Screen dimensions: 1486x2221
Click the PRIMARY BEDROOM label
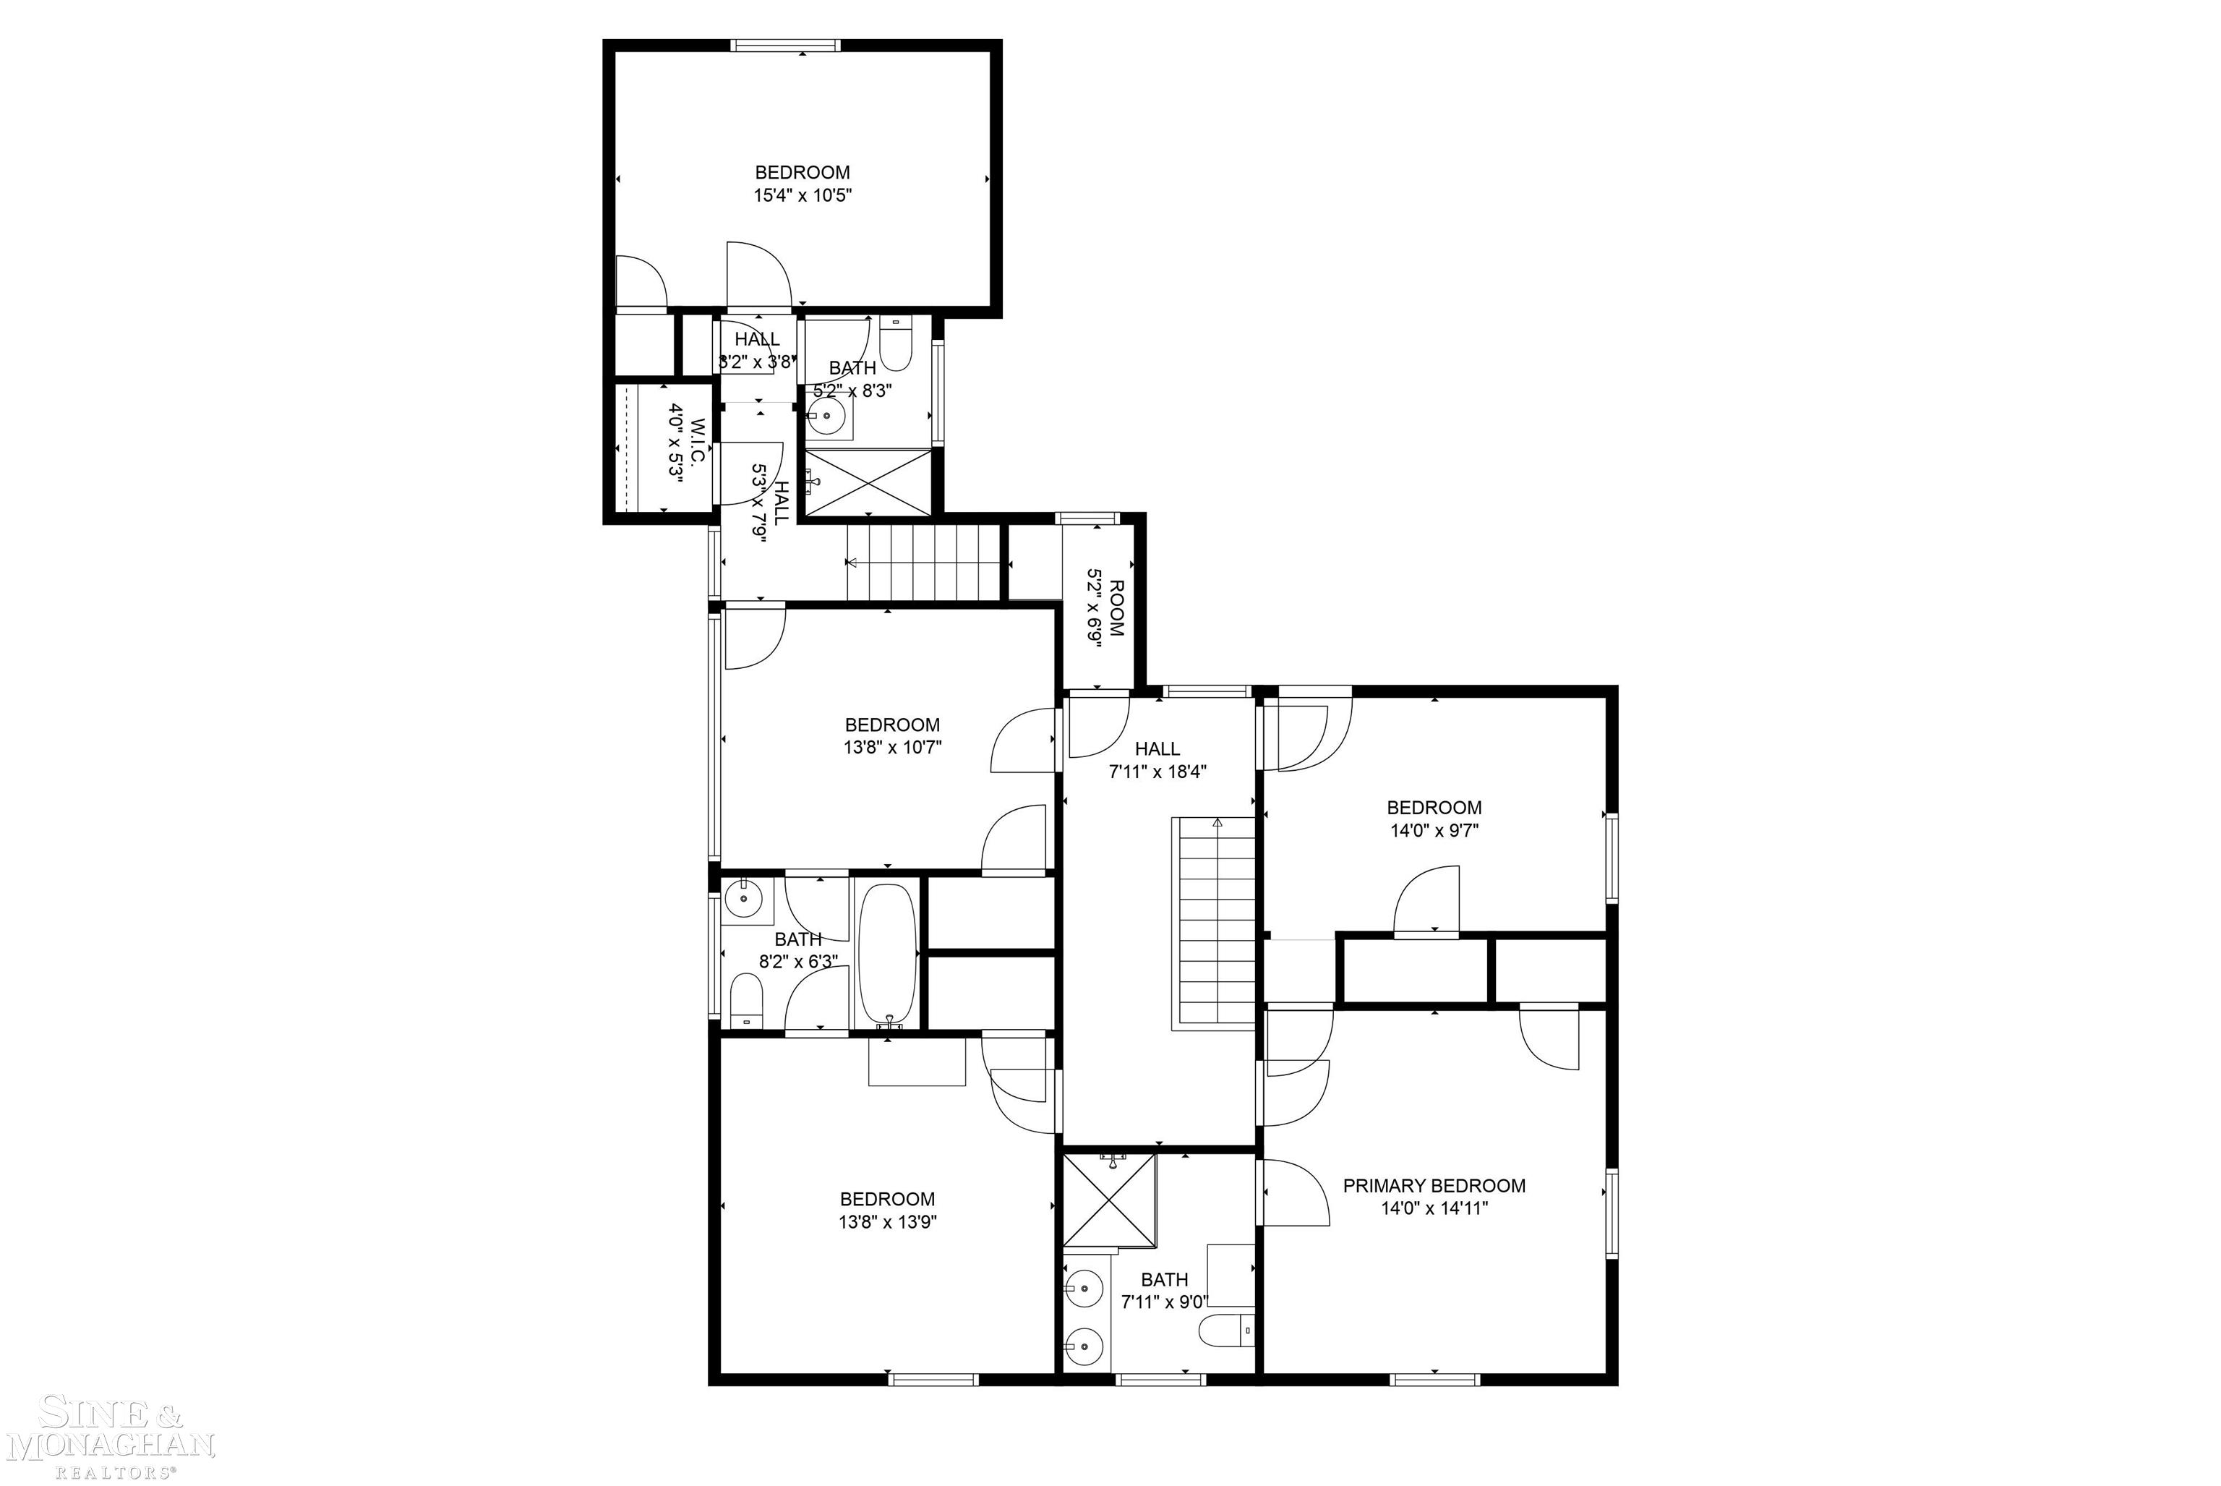(x=1434, y=1186)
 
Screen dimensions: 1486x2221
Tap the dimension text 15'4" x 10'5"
(x=803, y=196)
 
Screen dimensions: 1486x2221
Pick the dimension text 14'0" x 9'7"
(x=1434, y=831)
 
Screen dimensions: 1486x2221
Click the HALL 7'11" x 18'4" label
(x=1157, y=748)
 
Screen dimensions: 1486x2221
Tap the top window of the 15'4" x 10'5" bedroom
(x=785, y=45)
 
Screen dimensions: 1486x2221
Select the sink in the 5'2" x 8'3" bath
(x=827, y=415)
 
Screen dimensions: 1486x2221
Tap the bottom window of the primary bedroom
(x=1434, y=1379)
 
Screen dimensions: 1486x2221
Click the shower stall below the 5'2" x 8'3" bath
(x=868, y=482)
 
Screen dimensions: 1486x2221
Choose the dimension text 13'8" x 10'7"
(x=893, y=747)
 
